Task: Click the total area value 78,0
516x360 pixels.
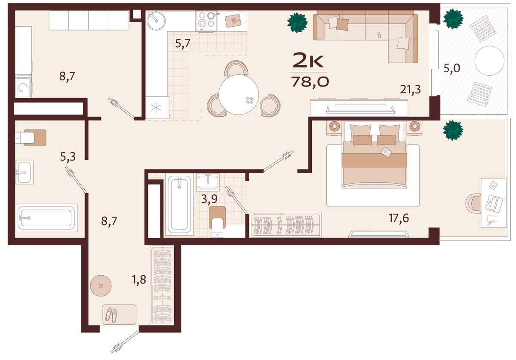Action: point(310,82)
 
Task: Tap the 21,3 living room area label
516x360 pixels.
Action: point(410,89)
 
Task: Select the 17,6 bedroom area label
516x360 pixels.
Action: point(399,218)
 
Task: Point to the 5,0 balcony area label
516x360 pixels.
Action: point(452,68)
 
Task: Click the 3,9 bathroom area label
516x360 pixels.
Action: point(209,199)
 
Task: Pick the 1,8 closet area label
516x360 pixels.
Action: point(139,280)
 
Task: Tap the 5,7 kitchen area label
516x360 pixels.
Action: point(183,43)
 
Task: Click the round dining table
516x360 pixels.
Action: point(239,95)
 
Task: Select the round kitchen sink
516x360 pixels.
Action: point(156,21)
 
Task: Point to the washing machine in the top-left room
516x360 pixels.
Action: point(24,87)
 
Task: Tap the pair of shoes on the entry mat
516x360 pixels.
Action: point(111,314)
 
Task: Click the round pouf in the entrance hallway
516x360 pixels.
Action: point(101,286)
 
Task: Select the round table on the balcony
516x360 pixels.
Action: point(489,61)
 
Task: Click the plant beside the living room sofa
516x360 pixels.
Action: point(298,23)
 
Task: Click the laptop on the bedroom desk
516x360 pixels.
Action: point(494,203)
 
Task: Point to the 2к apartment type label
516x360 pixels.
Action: point(308,61)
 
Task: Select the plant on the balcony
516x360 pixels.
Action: point(453,19)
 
